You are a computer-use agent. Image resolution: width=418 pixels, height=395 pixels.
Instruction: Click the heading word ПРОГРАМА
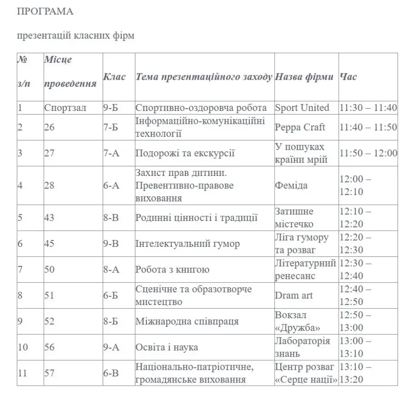pos(45,12)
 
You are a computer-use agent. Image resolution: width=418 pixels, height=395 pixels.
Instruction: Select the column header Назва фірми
pos(304,77)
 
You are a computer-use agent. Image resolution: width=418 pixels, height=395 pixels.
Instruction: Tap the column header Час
pos(348,77)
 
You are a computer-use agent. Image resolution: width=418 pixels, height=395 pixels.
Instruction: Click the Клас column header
pos(114,77)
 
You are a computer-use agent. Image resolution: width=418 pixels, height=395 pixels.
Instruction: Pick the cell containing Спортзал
pos(65,108)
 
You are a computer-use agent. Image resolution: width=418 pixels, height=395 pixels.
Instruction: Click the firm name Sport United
pos(302,108)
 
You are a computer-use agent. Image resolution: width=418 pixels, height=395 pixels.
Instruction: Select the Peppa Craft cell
pos(300,127)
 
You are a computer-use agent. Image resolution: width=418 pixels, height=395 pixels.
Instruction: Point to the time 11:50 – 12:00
pos(368,153)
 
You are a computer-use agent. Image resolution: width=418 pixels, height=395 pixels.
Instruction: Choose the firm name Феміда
pos(291,185)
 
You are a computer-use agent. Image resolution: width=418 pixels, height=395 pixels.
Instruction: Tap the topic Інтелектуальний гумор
pos(188,244)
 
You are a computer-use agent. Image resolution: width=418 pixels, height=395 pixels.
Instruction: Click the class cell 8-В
pos(111,218)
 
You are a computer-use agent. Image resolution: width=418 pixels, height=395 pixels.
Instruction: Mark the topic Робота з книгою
pos(172,270)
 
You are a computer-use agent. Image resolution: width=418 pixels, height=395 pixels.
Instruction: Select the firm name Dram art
pos(294,295)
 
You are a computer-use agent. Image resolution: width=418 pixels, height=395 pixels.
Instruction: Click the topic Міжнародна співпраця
pos(187,321)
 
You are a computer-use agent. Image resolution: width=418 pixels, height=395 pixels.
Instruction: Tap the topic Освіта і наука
pos(167,347)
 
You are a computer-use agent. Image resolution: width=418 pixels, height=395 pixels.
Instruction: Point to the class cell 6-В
pos(111,373)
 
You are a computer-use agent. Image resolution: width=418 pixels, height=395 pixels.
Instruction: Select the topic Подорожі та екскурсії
pos(185,153)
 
